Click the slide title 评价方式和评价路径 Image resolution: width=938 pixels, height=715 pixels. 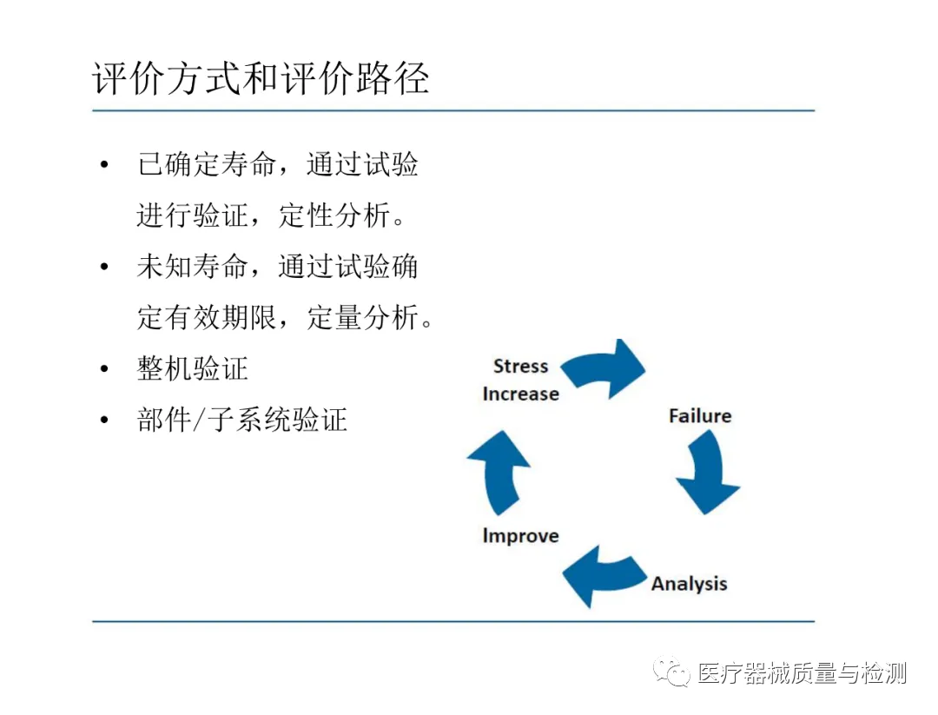coord(260,79)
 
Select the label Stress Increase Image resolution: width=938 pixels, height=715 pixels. coord(520,381)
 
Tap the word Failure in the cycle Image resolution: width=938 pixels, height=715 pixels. coord(699,416)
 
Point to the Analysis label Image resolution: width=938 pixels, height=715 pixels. coord(689,584)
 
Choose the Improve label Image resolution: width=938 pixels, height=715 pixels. coord(520,536)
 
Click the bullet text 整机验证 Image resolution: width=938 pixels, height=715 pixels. coord(193,368)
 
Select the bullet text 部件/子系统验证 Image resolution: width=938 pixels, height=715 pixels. coord(242,420)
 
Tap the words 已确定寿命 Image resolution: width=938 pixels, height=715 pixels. coord(207,164)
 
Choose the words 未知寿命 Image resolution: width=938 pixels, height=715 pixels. coord(192,267)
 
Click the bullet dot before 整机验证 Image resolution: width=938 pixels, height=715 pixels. coord(105,369)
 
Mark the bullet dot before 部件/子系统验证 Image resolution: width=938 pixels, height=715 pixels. coord(105,420)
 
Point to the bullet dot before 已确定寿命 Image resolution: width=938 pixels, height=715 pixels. coord(105,165)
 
